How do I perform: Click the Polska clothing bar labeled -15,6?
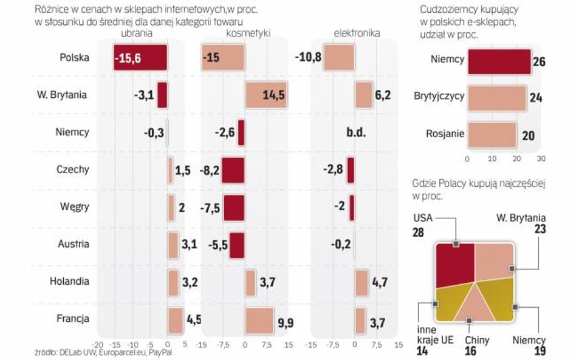pyautogui.click(x=140, y=58)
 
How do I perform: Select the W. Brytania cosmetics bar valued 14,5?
pyautogui.click(x=266, y=95)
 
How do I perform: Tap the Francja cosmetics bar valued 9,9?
pyautogui.click(x=259, y=320)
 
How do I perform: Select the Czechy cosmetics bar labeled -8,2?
pyautogui.click(x=233, y=171)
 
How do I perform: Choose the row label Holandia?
pyautogui.click(x=70, y=281)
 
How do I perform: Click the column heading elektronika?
pyautogui.click(x=357, y=33)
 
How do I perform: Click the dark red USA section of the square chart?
pyautogui.click(x=454, y=262)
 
